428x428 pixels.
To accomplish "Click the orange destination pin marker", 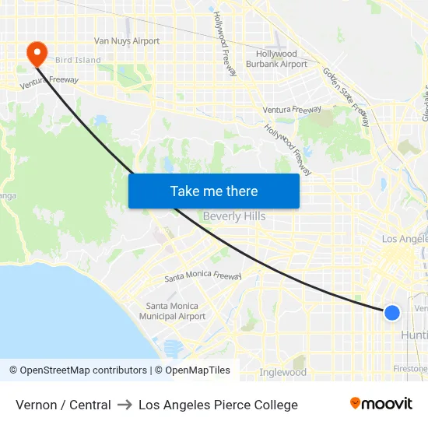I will tap(37, 53).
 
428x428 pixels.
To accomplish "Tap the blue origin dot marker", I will tap(392, 312).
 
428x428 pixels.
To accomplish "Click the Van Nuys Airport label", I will tap(127, 41).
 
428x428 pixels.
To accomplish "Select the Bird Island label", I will tap(78, 60).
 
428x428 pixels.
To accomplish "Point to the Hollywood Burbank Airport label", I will tap(282, 59).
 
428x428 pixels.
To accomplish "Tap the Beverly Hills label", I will tap(234, 216).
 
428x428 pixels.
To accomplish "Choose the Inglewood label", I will tap(282, 372).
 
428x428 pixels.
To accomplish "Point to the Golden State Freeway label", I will tap(346, 97).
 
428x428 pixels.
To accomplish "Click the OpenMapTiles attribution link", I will tap(195, 370).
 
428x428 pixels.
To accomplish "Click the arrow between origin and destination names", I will tap(125, 405).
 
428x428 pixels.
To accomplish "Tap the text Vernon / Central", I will tap(63, 405).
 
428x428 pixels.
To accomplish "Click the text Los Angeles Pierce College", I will tap(218, 405).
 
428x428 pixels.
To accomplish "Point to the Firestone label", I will tap(410, 367).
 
